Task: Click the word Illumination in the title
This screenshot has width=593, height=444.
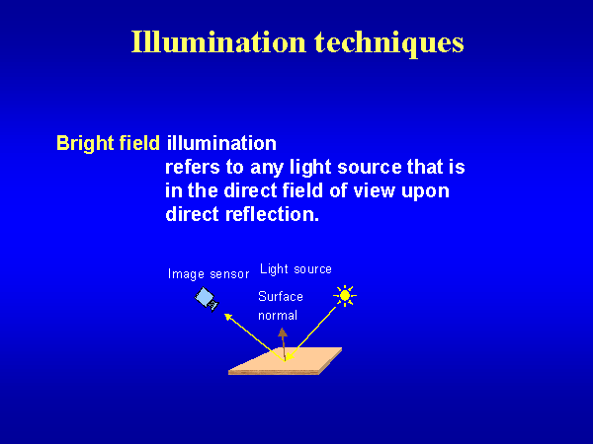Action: point(218,41)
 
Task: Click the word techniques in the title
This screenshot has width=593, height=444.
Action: point(389,43)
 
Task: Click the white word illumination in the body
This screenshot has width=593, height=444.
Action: point(221,143)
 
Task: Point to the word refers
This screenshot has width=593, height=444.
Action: point(193,167)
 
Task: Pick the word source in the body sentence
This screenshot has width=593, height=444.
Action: point(370,168)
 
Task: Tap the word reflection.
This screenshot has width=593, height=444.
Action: point(273,214)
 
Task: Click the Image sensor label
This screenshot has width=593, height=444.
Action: point(209,274)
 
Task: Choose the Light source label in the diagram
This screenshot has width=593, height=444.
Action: point(296,269)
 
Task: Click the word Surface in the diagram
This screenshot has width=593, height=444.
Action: point(281,296)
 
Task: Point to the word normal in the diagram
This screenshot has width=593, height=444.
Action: point(278,316)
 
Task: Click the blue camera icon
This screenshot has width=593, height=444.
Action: point(207,299)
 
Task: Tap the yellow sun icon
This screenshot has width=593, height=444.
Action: point(345,295)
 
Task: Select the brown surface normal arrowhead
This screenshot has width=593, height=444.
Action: point(283,333)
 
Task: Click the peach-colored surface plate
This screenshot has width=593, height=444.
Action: point(286,361)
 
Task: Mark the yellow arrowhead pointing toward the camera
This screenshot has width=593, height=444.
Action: point(228,317)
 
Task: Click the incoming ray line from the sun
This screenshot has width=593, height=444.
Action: point(310,334)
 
